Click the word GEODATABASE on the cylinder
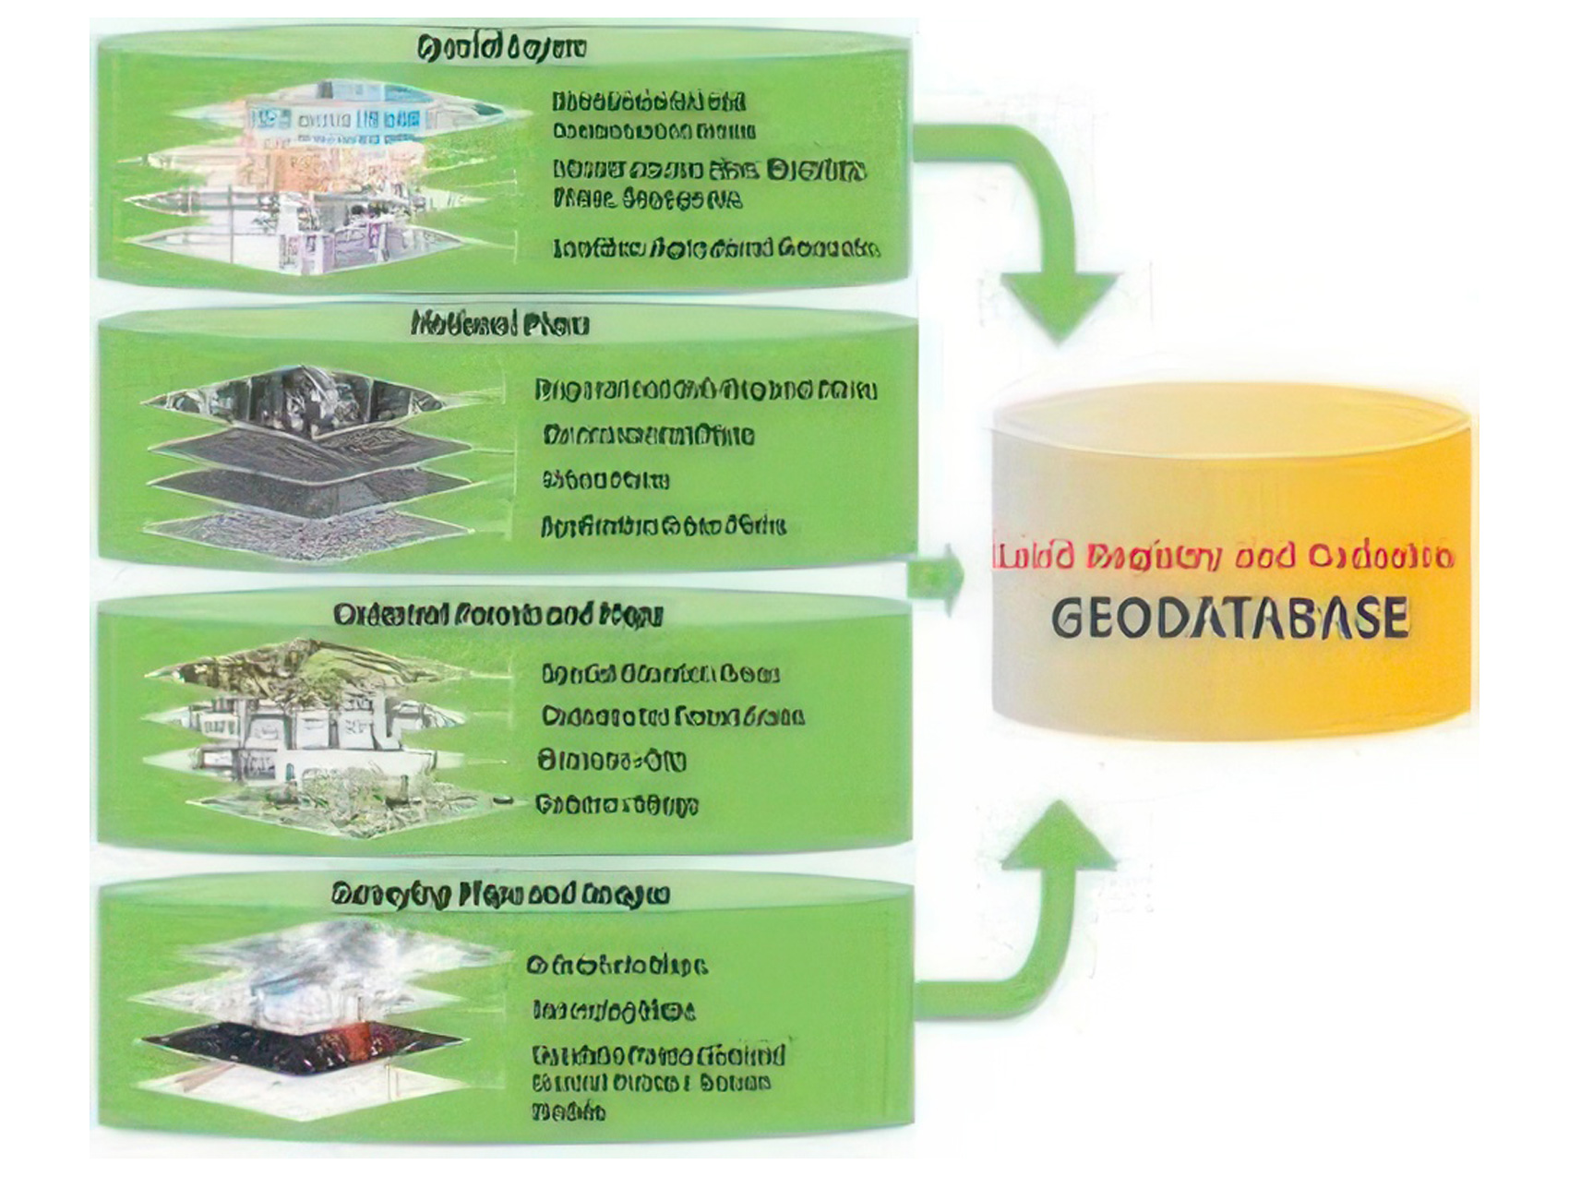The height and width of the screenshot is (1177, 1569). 1229,618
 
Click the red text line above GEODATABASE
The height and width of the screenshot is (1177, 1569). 1222,557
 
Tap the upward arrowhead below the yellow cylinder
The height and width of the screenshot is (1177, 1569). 1060,835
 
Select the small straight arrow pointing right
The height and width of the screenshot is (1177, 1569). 937,578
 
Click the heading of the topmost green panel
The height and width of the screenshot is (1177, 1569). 500,48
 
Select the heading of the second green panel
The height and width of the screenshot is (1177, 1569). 499,324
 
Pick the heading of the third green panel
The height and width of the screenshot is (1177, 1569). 497,615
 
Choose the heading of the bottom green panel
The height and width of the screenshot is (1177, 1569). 499,895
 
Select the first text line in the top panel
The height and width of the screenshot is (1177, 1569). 649,101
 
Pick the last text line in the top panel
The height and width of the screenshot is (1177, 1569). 716,248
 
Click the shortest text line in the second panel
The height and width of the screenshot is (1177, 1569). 605,480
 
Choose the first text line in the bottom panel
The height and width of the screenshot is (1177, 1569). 617,966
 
